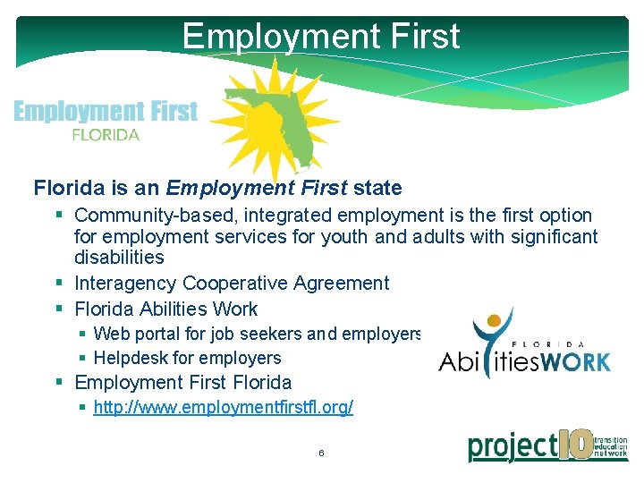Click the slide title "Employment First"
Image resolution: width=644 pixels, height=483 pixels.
[x=320, y=36]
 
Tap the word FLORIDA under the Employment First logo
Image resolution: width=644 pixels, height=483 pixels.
[x=106, y=135]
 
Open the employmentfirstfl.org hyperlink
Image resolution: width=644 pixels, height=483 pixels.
[x=223, y=408]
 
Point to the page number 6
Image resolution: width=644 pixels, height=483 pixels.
[x=321, y=453]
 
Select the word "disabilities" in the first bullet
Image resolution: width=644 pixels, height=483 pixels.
[x=119, y=258]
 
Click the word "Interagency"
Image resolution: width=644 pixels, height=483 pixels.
[x=125, y=284]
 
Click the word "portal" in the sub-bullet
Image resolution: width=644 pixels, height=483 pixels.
[x=164, y=335]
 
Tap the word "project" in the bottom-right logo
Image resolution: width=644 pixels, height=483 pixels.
[x=512, y=445]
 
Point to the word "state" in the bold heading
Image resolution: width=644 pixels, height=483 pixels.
[x=377, y=188]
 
